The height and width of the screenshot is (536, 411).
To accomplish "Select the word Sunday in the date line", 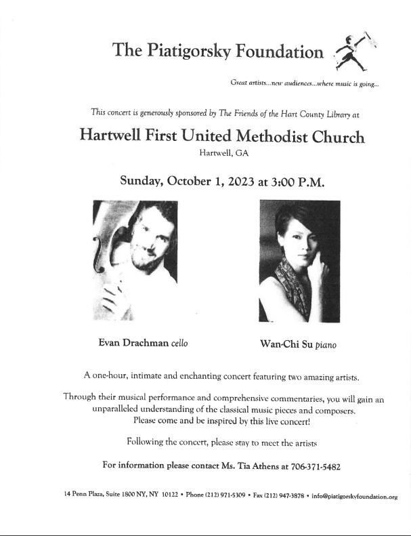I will [142, 181].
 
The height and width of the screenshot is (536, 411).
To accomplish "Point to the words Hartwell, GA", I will [224, 154].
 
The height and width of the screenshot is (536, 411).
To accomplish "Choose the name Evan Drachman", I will [131, 343].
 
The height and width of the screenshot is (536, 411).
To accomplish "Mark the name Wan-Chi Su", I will [280, 344].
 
